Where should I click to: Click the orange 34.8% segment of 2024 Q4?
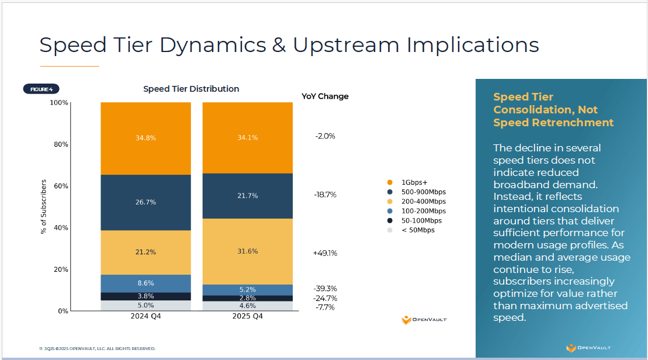click(x=145, y=139)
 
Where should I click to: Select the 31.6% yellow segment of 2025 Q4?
click(x=247, y=251)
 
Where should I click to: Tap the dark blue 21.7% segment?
click(x=247, y=196)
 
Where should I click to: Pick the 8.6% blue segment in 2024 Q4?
click(x=145, y=283)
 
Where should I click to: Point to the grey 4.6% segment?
click(x=247, y=306)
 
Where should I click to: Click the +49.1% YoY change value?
click(x=325, y=253)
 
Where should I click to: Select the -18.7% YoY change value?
click(x=325, y=195)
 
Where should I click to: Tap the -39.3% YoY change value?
click(x=325, y=289)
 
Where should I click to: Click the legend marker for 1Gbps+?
click(x=389, y=182)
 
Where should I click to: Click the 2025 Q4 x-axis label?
click(x=247, y=317)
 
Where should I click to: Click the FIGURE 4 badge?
click(x=41, y=89)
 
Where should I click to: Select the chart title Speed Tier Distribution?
click(x=191, y=89)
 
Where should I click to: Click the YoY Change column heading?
click(x=325, y=96)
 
